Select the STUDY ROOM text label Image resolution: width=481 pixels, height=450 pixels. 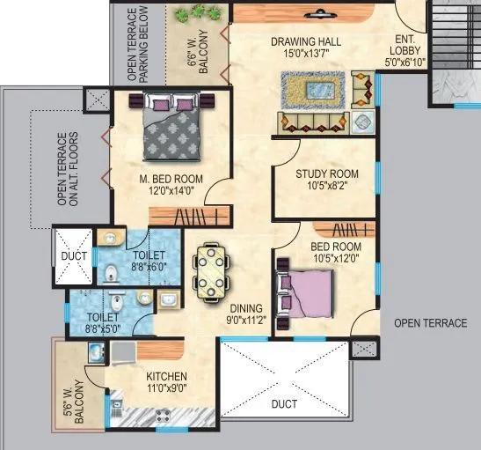[326, 174]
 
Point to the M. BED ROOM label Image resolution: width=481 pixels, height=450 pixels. [171, 179]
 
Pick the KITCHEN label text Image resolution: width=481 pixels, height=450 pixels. [166, 377]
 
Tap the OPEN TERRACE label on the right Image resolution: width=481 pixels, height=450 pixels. [430, 323]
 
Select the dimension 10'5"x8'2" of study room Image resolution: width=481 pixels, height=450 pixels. [326, 187]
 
